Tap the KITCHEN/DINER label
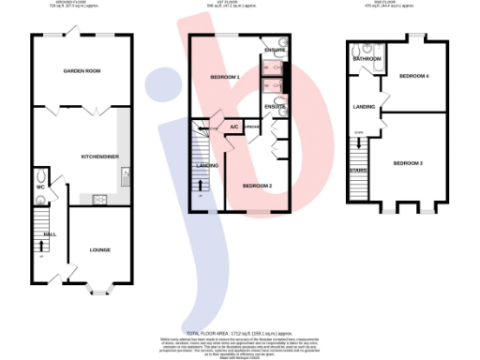(x=98, y=157)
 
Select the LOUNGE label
(x=99, y=250)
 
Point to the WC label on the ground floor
(x=40, y=187)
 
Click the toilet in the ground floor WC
(x=40, y=174)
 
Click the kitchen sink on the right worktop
(x=125, y=174)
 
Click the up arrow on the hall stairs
(x=40, y=246)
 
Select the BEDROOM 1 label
(x=225, y=76)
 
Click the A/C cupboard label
(x=233, y=127)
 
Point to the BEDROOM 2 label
(x=257, y=186)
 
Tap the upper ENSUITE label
(x=275, y=50)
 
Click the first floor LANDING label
(x=207, y=165)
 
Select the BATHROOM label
(x=367, y=59)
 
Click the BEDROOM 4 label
(x=413, y=76)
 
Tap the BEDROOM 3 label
(x=407, y=163)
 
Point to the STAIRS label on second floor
(x=357, y=170)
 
